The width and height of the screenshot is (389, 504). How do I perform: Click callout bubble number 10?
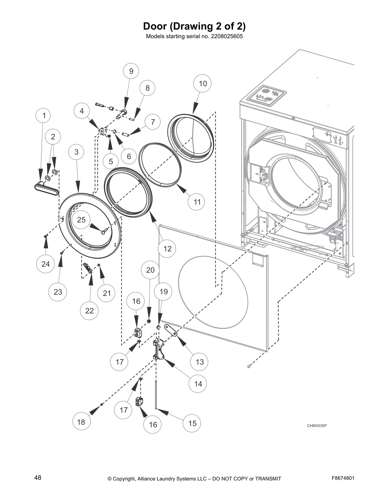point(203,84)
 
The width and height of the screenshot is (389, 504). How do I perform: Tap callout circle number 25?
point(81,220)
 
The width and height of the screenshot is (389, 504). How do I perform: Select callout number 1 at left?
point(44,115)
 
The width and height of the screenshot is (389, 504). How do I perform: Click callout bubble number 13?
point(200,362)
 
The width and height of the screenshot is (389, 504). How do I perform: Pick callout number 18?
point(81,422)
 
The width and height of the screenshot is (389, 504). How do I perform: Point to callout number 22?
point(90,311)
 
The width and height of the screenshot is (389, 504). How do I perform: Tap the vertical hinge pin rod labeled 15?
point(156,395)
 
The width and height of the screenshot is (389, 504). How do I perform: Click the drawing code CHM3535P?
point(317,426)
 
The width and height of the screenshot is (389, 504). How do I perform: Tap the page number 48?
point(38,478)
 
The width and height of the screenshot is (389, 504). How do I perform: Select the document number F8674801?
point(343,478)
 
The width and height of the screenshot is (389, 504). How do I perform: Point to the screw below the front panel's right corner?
point(249,367)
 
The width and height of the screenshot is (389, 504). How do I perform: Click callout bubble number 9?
point(131,71)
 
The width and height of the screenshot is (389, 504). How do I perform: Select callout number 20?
point(150,270)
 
